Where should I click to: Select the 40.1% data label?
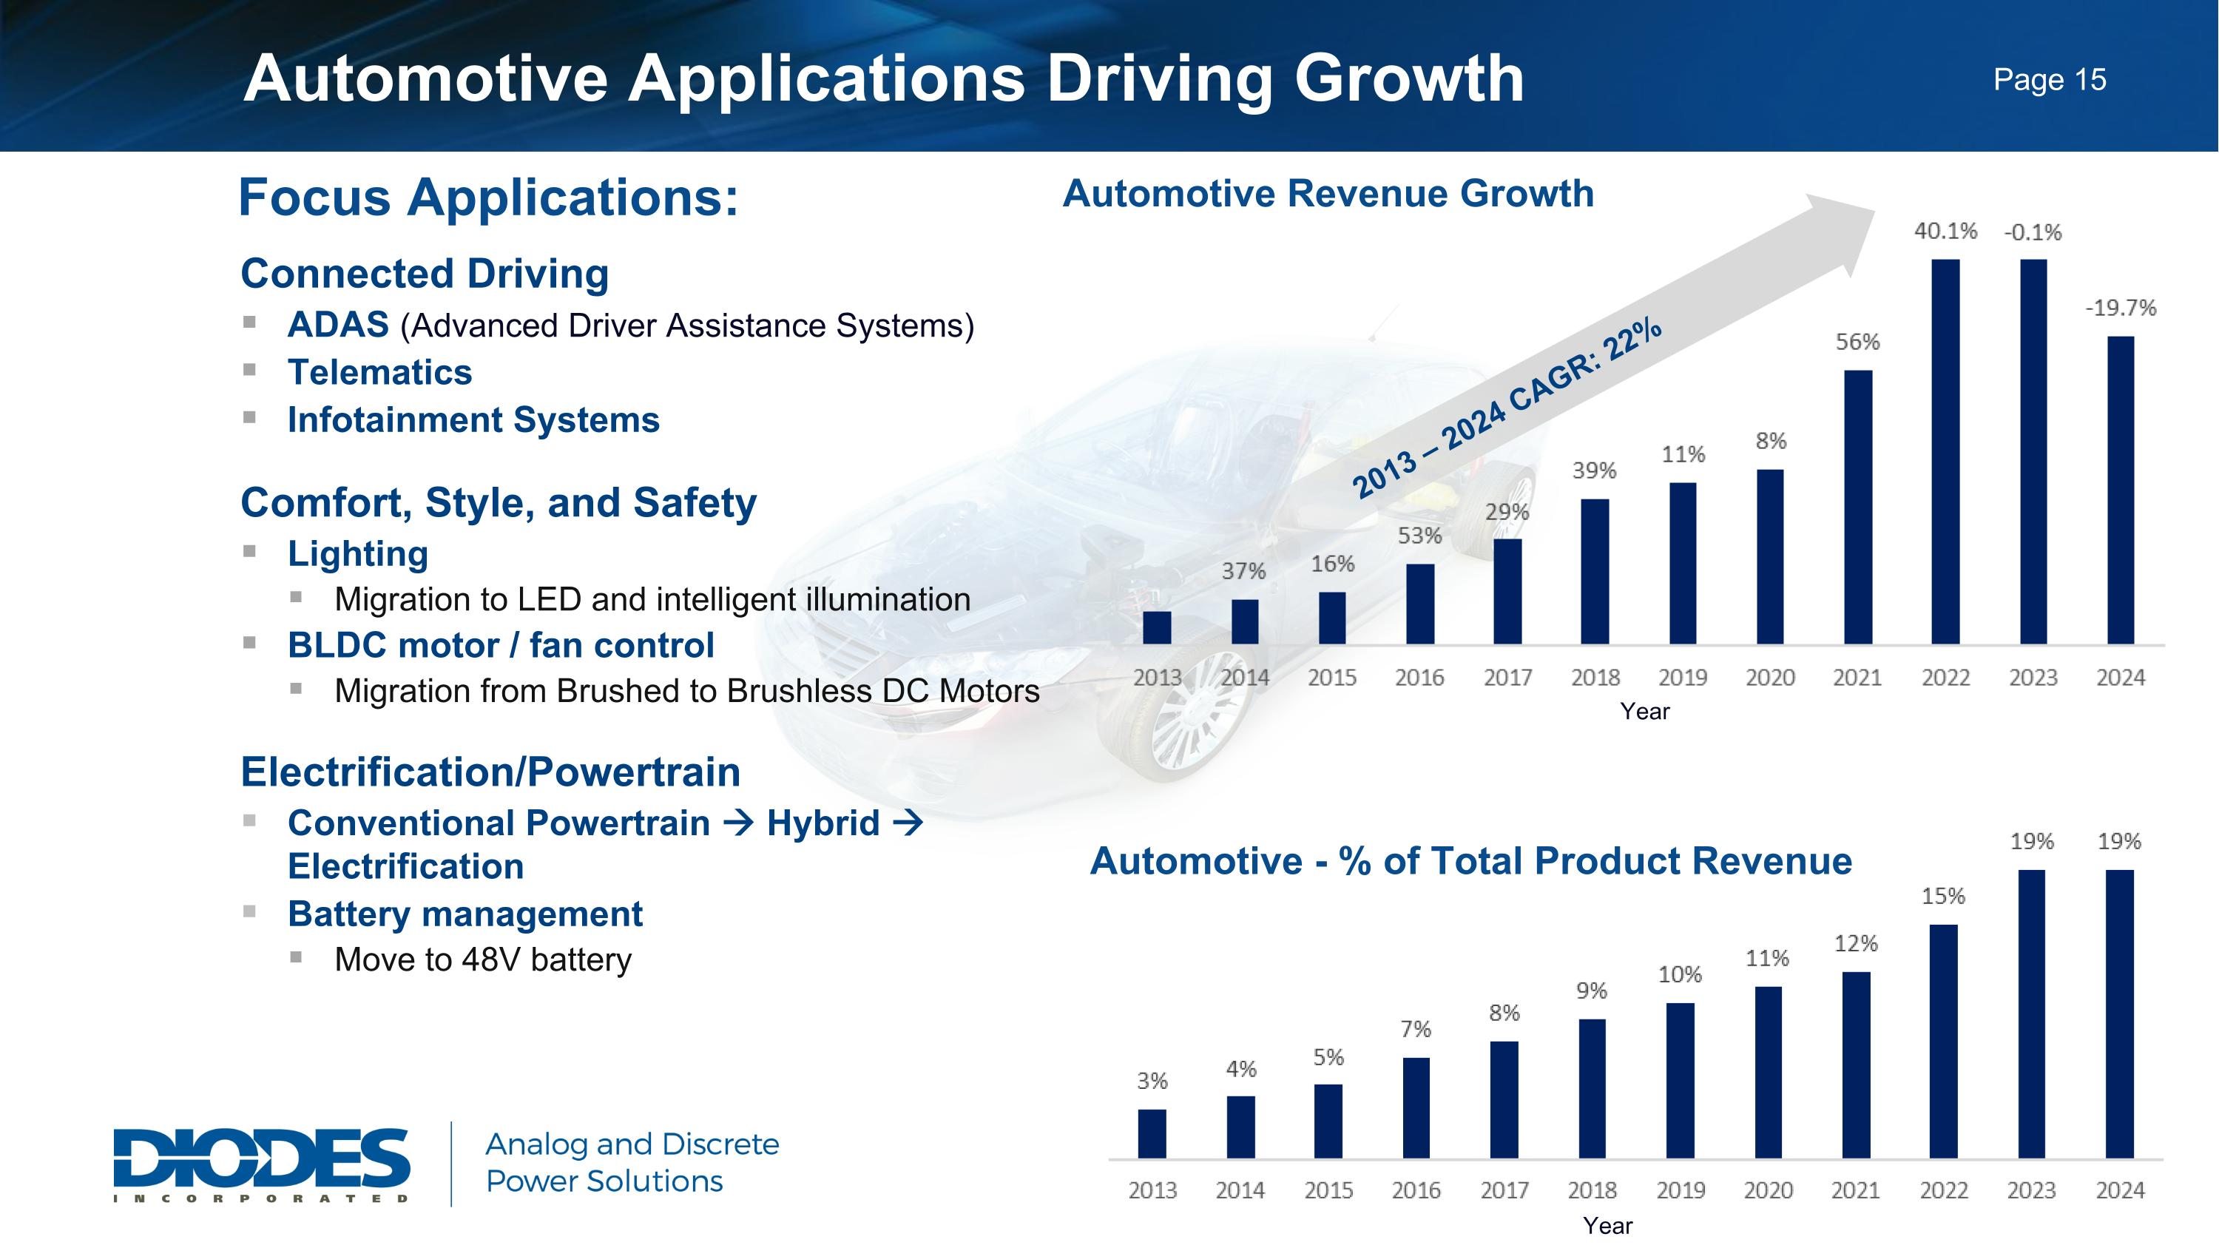pyautogui.click(x=1945, y=231)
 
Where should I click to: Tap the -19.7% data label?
pyautogui.click(x=2120, y=308)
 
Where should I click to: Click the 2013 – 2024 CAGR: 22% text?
pyautogui.click(x=1507, y=408)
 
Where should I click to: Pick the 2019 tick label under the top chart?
pyautogui.click(x=1682, y=678)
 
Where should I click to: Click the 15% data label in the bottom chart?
pyautogui.click(x=1943, y=897)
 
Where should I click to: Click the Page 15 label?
pyautogui.click(x=2050, y=80)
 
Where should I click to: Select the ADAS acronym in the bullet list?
pyautogui.click(x=338, y=326)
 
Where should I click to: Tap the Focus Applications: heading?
pyautogui.click(x=488, y=198)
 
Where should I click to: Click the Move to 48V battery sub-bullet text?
pyautogui.click(x=482, y=959)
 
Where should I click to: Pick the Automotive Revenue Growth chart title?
pyautogui.click(x=1328, y=194)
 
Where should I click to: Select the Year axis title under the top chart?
pyautogui.click(x=1644, y=712)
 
